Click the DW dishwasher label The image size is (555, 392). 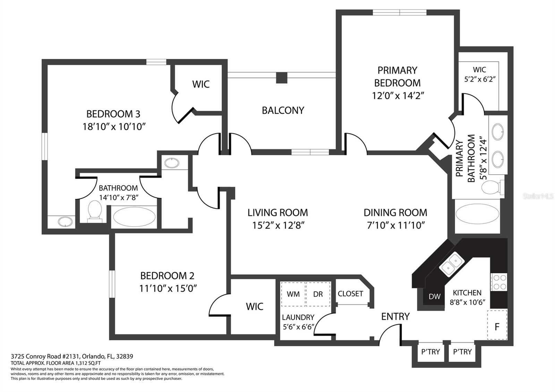pyautogui.click(x=435, y=296)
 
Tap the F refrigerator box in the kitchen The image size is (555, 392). pyautogui.click(x=497, y=325)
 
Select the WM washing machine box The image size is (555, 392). pyautogui.click(x=293, y=294)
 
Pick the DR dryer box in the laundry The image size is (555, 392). pyautogui.click(x=318, y=294)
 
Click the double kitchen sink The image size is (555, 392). pyautogui.click(x=452, y=263)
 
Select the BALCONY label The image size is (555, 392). pyautogui.click(x=283, y=111)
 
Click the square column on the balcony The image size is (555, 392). pyautogui.click(x=282, y=78)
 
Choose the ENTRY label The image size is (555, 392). pyautogui.click(x=395, y=316)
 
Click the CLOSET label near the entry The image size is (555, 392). pyautogui.click(x=350, y=293)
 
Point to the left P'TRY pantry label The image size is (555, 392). pyautogui.click(x=430, y=352)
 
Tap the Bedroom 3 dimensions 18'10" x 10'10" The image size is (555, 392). pyautogui.click(x=114, y=127)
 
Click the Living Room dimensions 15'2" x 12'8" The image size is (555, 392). pyautogui.click(x=278, y=225)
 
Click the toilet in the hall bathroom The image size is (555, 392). pyautogui.click(x=95, y=211)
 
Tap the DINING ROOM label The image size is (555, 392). pyautogui.click(x=395, y=213)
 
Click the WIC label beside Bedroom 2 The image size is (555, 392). pyautogui.click(x=255, y=307)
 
